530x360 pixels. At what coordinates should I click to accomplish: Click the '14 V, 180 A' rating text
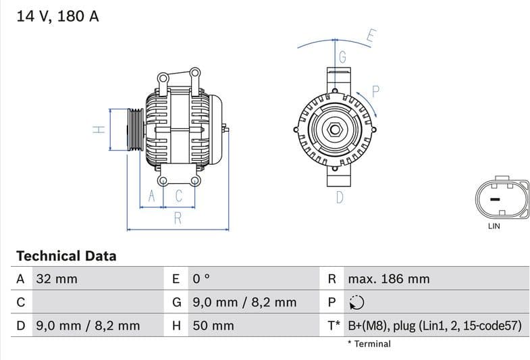57,16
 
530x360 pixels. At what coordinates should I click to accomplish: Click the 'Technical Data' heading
66,256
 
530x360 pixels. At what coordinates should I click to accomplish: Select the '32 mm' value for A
57,279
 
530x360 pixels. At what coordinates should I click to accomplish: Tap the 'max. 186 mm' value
388,279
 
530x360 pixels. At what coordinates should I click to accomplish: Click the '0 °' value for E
202,279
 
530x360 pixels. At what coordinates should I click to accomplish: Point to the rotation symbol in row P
356,303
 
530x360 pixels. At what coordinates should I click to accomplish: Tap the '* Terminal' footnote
369,344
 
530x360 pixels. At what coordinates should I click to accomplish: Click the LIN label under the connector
494,226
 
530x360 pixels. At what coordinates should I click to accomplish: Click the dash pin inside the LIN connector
494,199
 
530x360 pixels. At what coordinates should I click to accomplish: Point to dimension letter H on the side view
99,129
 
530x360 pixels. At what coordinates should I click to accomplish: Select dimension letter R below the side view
178,218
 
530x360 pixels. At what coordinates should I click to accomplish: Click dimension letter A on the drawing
152,196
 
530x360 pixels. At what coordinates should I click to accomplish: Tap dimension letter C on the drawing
179,196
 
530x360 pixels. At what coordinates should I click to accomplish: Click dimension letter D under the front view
340,197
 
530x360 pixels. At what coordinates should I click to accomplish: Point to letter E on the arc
371,36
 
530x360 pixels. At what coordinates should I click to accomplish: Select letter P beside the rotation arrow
376,91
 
